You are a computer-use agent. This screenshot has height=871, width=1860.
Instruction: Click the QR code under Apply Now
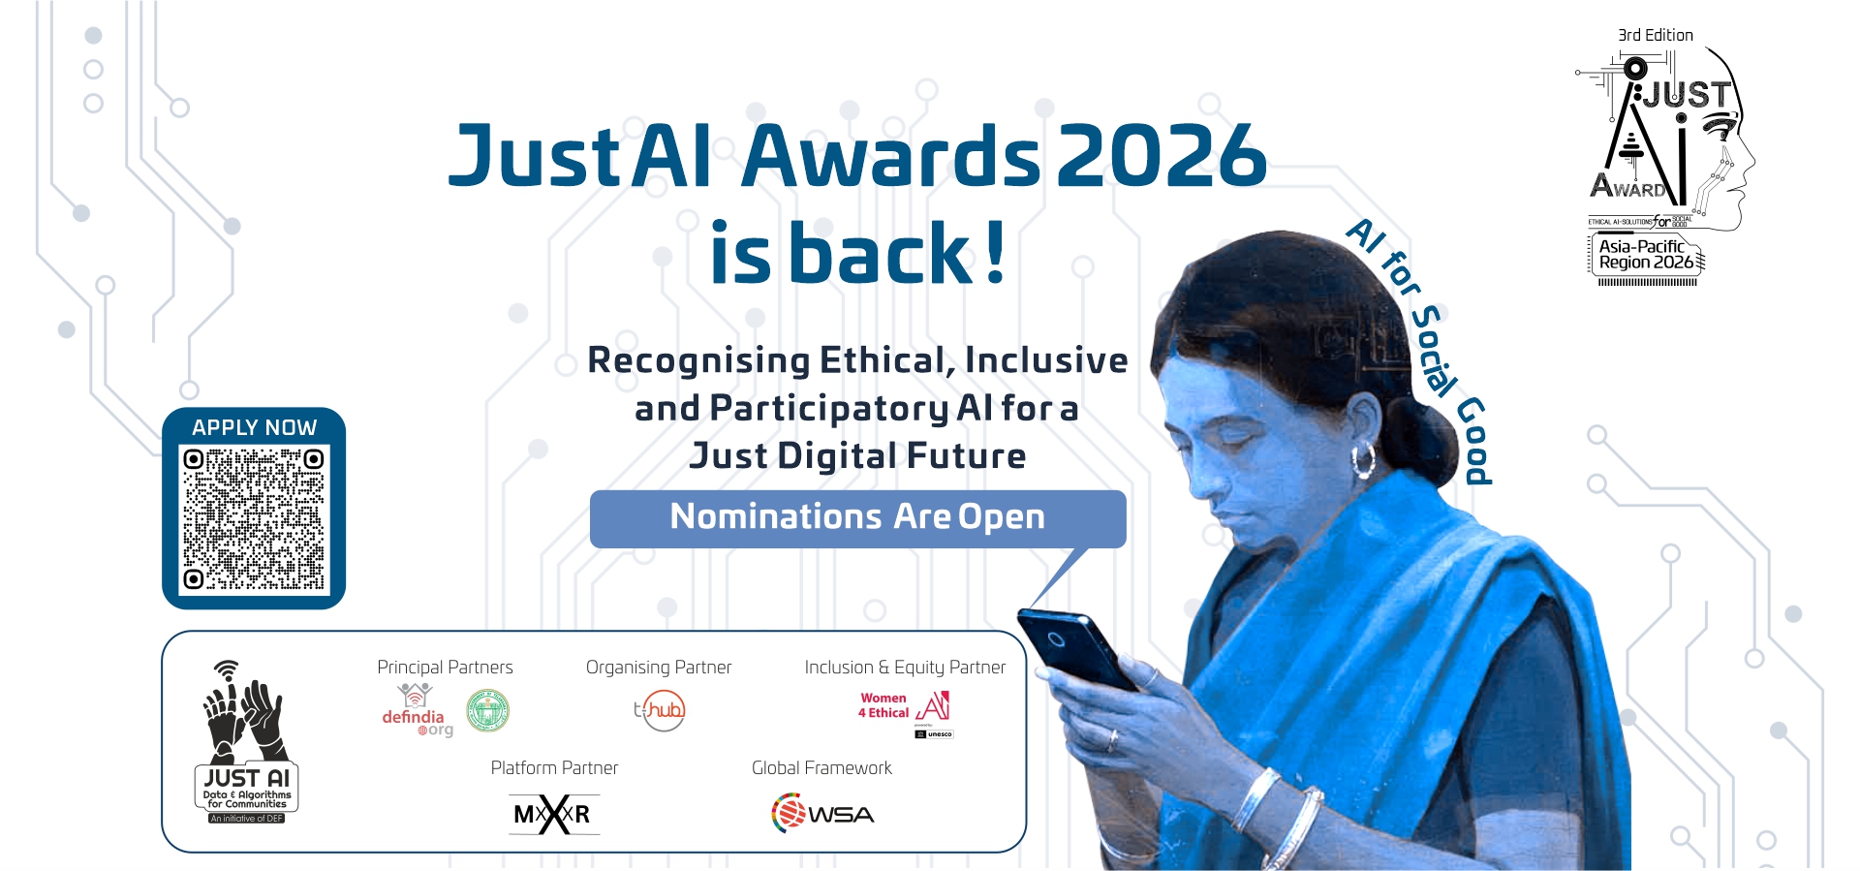254,518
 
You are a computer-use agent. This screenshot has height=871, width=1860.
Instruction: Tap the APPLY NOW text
254,427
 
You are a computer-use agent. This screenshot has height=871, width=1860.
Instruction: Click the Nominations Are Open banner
857,517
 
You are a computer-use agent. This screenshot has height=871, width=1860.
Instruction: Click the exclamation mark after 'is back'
995,254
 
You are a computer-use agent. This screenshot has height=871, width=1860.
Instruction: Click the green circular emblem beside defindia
487,710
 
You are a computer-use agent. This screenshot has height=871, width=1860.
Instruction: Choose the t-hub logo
660,710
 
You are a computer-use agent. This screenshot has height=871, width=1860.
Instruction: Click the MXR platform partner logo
553,814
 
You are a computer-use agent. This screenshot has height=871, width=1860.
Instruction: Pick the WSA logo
822,813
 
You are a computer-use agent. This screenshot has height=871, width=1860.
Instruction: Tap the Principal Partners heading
445,668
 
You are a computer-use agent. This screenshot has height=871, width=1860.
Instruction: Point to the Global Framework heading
821,768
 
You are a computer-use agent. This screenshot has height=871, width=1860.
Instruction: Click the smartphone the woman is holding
1075,647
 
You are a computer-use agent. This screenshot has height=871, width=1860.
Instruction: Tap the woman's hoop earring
1363,460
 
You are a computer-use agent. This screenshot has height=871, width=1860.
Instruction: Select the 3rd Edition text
1656,35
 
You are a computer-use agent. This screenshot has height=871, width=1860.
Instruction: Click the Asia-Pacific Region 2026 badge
1646,255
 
